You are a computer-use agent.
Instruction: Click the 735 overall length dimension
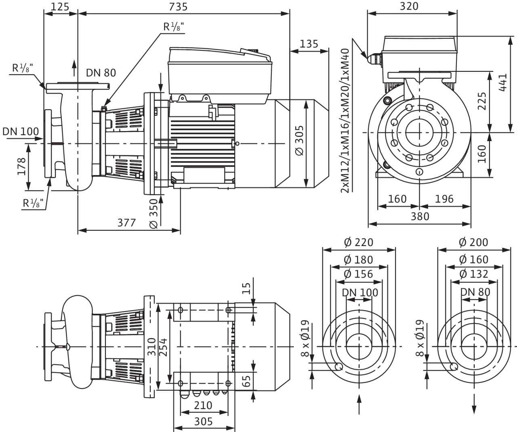click(x=178, y=7)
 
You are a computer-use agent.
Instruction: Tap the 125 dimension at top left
click(x=60, y=7)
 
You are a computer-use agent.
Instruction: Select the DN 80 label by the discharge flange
click(x=101, y=73)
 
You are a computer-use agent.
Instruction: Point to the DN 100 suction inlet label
click(x=21, y=131)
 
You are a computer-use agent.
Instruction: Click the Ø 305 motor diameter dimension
click(x=300, y=140)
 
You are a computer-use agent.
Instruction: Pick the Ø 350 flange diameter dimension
click(x=153, y=214)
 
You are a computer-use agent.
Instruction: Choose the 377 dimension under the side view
click(x=126, y=223)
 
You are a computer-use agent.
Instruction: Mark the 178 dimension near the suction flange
click(x=21, y=167)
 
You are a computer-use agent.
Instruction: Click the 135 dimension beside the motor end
click(x=309, y=44)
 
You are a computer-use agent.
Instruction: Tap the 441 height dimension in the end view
click(x=502, y=82)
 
